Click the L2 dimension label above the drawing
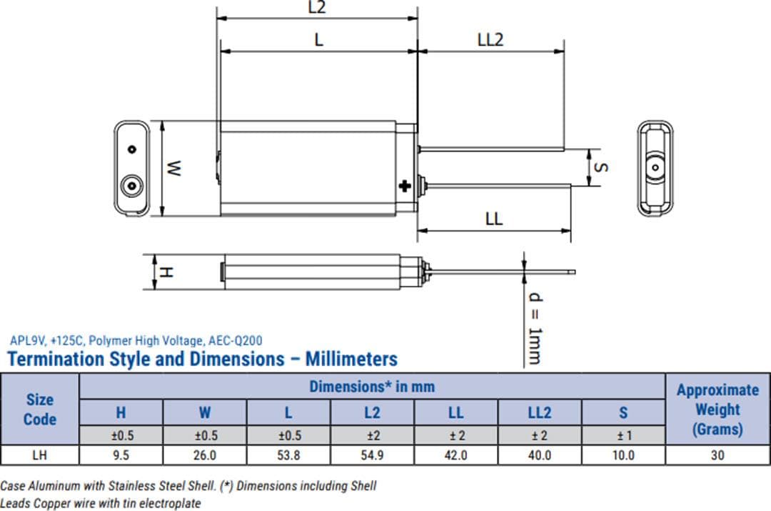click(317, 8)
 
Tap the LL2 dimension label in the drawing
click(490, 39)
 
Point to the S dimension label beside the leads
click(601, 167)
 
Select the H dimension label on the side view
click(166, 272)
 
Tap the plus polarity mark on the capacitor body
click(405, 187)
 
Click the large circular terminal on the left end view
click(131, 186)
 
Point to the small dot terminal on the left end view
click(131, 149)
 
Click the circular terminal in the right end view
click(654, 167)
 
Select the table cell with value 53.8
click(289, 455)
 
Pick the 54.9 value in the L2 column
click(372, 455)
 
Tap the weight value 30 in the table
click(717, 455)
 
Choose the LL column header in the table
click(455, 412)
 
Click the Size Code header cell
click(40, 409)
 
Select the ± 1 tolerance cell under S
click(623, 435)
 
